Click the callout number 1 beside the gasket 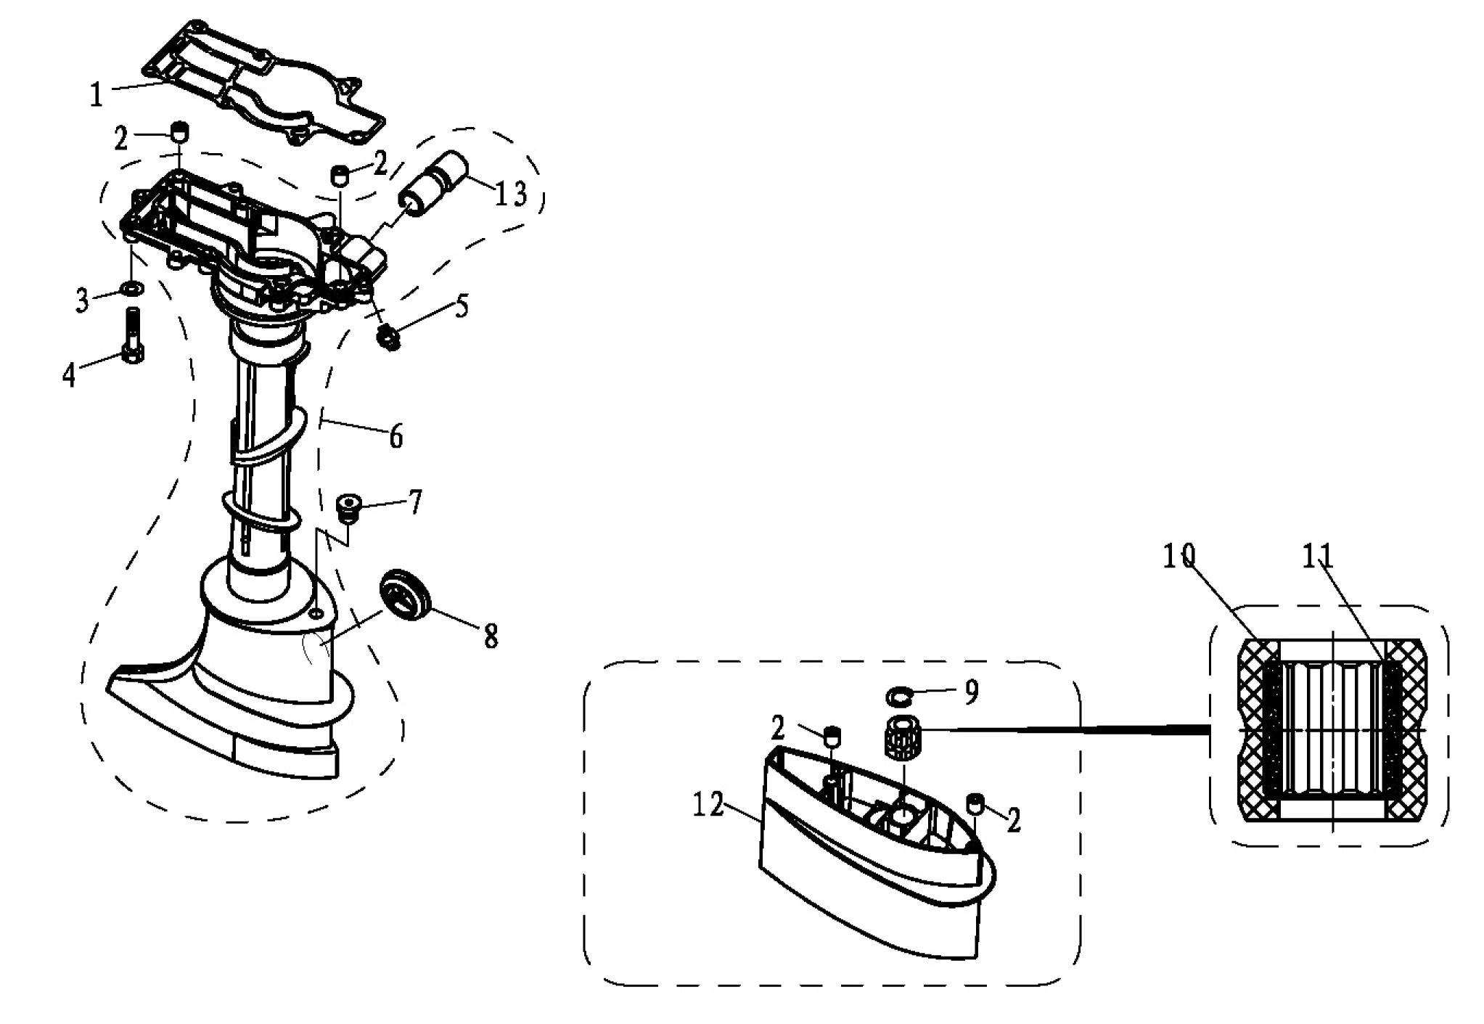point(97,95)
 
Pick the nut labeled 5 point(390,336)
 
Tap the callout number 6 point(396,436)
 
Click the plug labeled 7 point(350,505)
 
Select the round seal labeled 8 point(405,594)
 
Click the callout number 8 point(491,636)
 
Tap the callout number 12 point(708,804)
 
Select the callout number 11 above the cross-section point(1317,557)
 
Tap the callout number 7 point(414,501)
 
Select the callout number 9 point(971,692)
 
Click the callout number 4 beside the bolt point(69,374)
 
